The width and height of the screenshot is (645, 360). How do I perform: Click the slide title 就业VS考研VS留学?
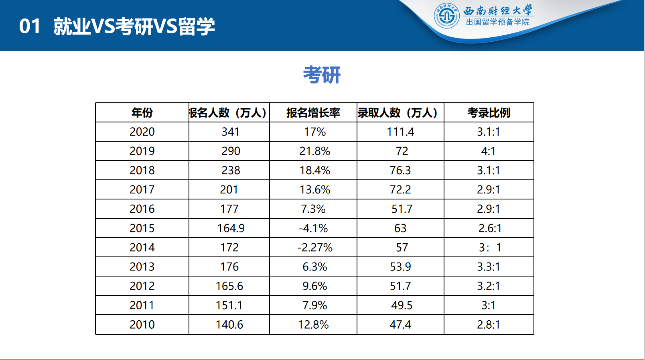[x=134, y=26]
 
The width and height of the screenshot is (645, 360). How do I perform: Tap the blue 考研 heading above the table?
[x=322, y=75]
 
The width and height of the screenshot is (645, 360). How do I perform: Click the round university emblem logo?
[x=446, y=16]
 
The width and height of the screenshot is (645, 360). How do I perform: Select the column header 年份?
[x=142, y=113]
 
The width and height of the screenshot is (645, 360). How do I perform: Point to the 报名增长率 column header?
[x=313, y=113]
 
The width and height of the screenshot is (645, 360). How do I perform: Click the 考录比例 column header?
[x=489, y=113]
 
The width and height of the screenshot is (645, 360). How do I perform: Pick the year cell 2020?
[x=142, y=132]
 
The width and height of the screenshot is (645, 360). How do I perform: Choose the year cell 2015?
[x=142, y=228]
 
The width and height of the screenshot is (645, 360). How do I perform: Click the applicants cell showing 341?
[x=230, y=132]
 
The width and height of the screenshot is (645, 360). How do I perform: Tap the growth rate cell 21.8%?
[x=314, y=151]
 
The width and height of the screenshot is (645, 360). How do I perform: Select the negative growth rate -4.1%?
[x=313, y=228]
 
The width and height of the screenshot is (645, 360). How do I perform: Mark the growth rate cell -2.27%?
[x=315, y=247]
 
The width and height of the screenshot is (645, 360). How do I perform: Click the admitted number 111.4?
[x=400, y=132]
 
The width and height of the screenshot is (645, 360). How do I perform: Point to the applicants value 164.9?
[x=231, y=228]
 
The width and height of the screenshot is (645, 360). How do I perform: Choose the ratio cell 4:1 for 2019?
[x=488, y=151]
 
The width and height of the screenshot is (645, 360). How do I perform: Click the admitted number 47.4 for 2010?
[x=400, y=324]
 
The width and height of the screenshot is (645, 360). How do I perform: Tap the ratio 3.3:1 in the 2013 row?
[x=488, y=266]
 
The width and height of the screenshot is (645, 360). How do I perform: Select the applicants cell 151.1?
[x=229, y=305]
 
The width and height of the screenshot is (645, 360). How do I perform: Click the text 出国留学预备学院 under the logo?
[x=497, y=22]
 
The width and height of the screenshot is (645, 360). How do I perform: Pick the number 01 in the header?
[x=30, y=26]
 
